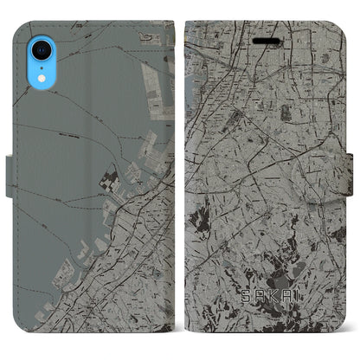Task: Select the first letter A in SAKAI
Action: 252,322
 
